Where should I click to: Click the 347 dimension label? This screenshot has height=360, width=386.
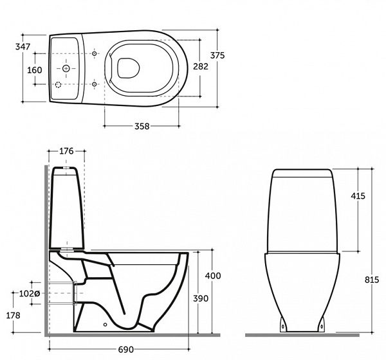[x=23, y=46]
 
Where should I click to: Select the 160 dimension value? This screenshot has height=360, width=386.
[x=35, y=70]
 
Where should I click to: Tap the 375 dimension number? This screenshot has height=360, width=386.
[x=217, y=56]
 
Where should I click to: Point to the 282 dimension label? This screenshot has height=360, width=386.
[x=201, y=66]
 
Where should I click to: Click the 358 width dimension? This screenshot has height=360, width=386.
[x=142, y=126]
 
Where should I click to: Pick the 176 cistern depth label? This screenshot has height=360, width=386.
[x=66, y=151]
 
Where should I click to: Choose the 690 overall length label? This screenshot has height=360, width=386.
[x=126, y=350]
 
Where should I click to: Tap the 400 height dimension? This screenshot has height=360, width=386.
[x=213, y=276]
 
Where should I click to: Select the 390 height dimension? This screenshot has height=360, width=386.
[x=201, y=298]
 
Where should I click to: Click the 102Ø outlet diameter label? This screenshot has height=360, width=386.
[x=30, y=293]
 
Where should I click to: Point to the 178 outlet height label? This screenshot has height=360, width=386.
[x=13, y=315]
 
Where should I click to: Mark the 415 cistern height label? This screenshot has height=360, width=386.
[x=358, y=196]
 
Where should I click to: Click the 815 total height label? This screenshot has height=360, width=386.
[x=372, y=280]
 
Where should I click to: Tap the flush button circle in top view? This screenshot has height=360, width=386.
[x=66, y=68]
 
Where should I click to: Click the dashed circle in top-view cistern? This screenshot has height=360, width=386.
[x=58, y=85]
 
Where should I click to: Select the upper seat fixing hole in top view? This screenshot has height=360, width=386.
[x=95, y=53]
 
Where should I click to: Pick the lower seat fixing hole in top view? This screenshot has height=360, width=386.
[x=95, y=84]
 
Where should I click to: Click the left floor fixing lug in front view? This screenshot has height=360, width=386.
[x=283, y=325]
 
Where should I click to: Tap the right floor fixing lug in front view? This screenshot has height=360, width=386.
[x=321, y=325]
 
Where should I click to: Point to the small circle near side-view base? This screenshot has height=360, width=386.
[x=106, y=325]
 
